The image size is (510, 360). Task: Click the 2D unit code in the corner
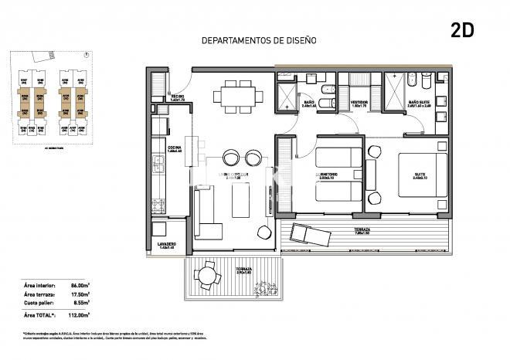(462, 30)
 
